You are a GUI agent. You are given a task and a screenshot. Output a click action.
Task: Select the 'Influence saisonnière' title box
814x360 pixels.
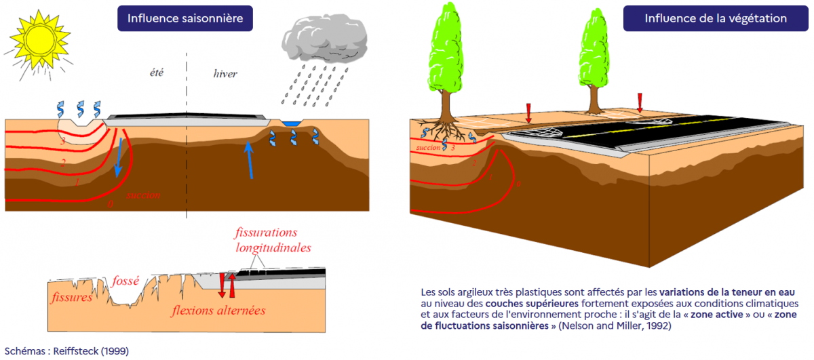(x=185, y=18)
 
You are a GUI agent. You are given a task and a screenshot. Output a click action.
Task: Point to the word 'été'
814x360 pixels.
(x=157, y=73)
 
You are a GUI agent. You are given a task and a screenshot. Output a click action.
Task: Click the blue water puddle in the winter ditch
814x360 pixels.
(x=292, y=123)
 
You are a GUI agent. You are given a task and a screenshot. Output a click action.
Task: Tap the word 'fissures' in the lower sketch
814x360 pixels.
(x=71, y=298)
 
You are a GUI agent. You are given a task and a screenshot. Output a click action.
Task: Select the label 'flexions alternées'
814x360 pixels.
(x=218, y=311)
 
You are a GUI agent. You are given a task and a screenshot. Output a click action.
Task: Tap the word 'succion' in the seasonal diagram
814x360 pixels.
(x=143, y=195)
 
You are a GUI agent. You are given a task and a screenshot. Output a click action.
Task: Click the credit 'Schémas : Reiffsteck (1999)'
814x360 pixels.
(x=64, y=351)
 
